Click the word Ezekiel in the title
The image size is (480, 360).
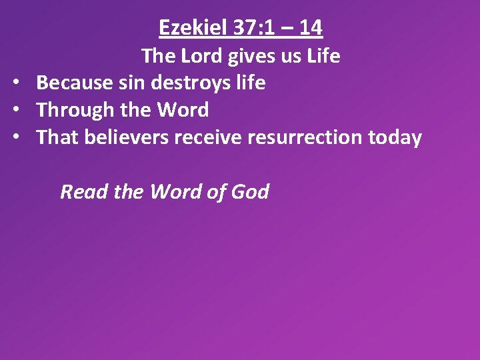[x=193, y=28]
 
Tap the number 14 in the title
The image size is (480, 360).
[x=311, y=28]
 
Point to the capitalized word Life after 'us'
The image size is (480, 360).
[x=323, y=56]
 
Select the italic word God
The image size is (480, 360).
[x=250, y=192]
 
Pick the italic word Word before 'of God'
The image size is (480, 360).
[x=175, y=192]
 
